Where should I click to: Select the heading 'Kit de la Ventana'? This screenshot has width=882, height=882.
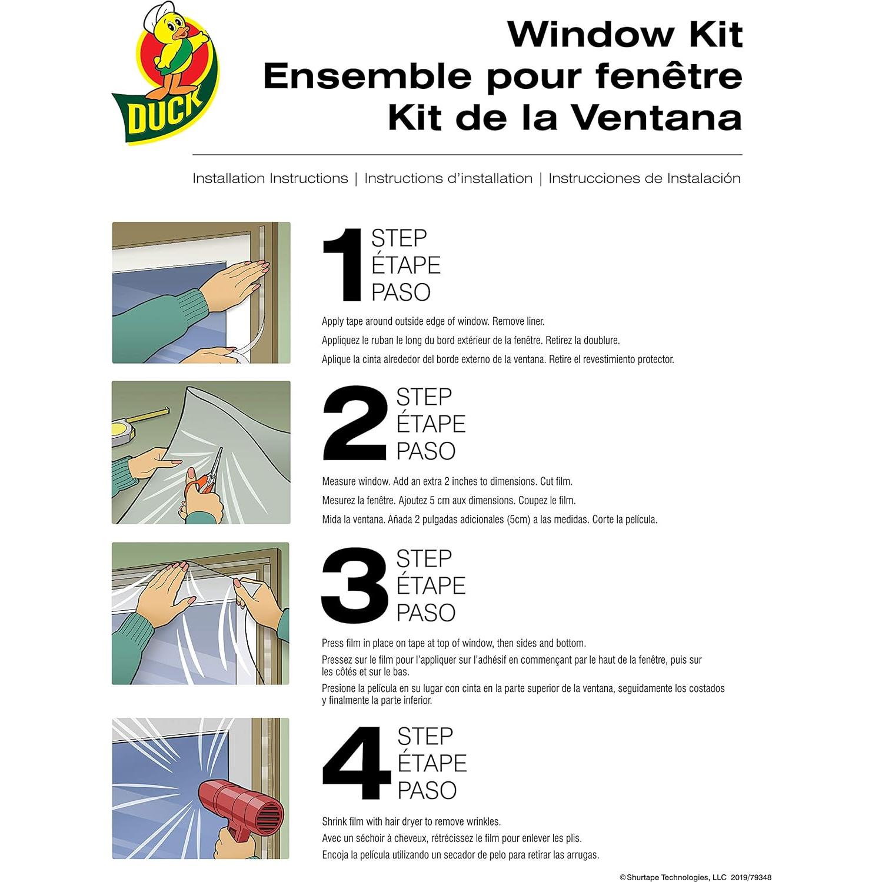click(564, 118)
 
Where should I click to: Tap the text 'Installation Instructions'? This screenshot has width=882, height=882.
click(270, 178)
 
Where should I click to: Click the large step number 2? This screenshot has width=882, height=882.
click(354, 424)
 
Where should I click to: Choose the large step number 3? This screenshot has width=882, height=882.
click(354, 585)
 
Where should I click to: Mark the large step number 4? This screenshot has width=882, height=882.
click(356, 763)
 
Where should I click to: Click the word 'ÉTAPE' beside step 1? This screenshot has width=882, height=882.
click(405, 265)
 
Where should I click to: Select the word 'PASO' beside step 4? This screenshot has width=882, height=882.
click(427, 790)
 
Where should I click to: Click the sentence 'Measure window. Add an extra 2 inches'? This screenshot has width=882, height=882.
click(447, 481)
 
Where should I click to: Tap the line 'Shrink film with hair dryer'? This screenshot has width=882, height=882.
click(411, 821)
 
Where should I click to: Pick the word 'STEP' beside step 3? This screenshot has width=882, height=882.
click(424, 558)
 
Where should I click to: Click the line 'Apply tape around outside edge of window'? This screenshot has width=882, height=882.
click(432, 321)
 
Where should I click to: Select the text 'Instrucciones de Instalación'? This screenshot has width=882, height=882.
click(644, 178)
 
